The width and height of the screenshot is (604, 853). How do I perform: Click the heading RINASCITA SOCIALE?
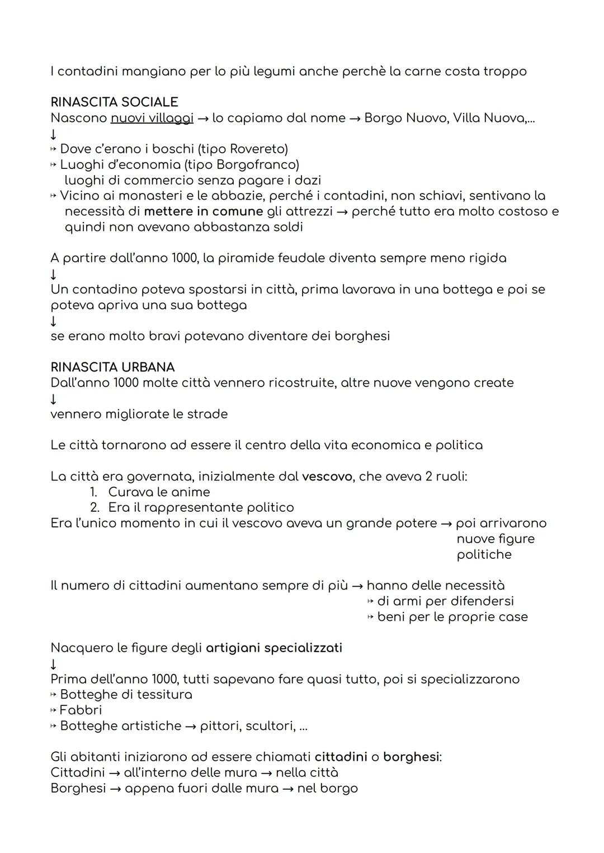click(x=114, y=102)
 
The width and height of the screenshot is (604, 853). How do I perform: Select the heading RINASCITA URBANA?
click(x=112, y=367)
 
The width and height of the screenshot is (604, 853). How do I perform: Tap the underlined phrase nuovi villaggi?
click(x=152, y=119)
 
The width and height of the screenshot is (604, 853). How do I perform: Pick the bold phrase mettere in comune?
click(x=203, y=211)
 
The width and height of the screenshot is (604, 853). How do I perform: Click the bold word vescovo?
click(x=327, y=477)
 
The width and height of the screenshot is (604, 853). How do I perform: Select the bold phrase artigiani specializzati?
click(x=274, y=648)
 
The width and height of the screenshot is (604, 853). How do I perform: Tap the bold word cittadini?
click(x=341, y=757)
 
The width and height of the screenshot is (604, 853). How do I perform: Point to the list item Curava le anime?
click(x=159, y=492)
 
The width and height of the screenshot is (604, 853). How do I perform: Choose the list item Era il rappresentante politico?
click(x=200, y=508)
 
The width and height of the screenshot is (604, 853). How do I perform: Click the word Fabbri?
click(x=81, y=710)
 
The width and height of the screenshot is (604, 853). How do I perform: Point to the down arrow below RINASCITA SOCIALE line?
click(x=54, y=134)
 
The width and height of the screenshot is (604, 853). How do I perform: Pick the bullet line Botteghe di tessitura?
click(x=126, y=695)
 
